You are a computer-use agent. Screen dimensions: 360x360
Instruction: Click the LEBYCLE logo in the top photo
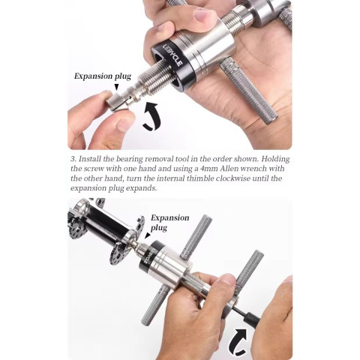172,55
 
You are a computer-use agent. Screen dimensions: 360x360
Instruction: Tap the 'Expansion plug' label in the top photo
103,76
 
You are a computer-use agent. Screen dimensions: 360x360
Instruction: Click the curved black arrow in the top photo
151,116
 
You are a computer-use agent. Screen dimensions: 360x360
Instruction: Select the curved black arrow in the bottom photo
238,342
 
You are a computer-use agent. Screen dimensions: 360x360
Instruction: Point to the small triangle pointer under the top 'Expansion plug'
116,87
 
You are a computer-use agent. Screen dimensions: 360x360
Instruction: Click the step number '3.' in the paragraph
73,159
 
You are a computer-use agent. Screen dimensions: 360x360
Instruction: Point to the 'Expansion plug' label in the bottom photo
169,223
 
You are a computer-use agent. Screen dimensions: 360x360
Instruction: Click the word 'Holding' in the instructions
275,159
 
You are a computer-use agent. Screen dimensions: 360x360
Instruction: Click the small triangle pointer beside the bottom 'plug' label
148,235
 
